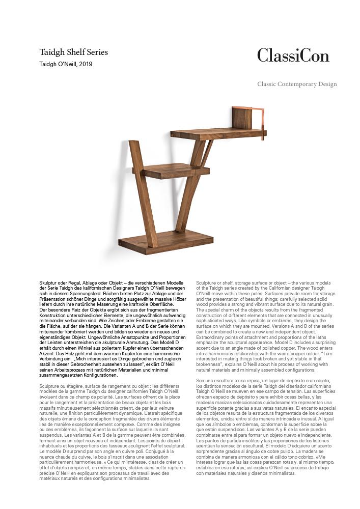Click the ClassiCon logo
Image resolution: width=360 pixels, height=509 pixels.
[293, 55]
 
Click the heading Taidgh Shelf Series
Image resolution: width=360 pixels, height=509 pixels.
[74, 52]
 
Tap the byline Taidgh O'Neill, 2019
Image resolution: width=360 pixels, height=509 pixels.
[66, 64]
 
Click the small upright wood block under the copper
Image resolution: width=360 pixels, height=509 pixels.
[245, 119]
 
